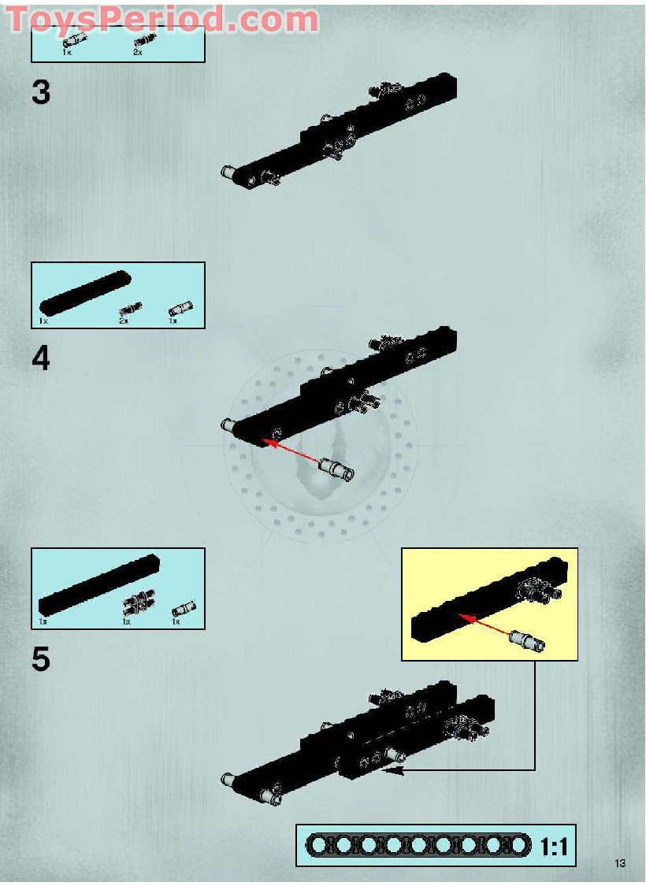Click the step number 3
(x=41, y=93)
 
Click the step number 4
(x=41, y=358)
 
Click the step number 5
(x=41, y=659)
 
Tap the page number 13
(x=619, y=863)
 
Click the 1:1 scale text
(x=555, y=847)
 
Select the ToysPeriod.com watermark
(x=162, y=20)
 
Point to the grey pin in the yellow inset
(x=527, y=641)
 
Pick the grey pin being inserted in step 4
(x=337, y=469)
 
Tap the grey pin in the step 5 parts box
(x=184, y=610)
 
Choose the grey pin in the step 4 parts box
(x=180, y=309)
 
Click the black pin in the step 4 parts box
(x=131, y=309)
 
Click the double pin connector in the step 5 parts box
(x=139, y=602)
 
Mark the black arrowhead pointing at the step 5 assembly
(x=393, y=769)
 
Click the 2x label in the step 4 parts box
(x=124, y=321)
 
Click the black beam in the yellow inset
(x=489, y=600)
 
